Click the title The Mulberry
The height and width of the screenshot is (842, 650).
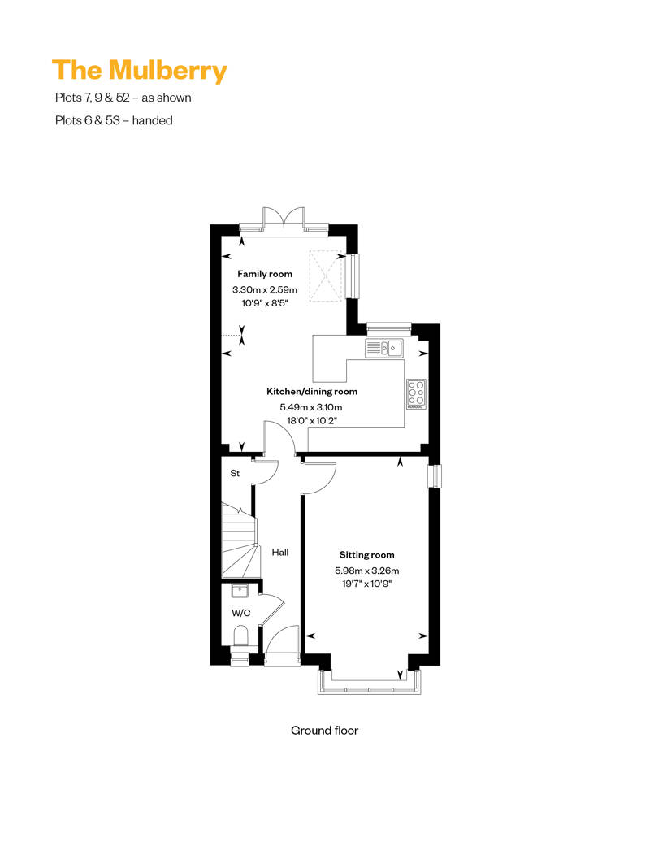139,71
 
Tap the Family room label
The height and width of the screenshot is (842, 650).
264,275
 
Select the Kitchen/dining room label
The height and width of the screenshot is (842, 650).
313,392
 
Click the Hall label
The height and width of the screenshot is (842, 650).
280,553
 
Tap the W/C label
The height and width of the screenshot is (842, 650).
240,613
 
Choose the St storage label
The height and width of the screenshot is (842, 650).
235,472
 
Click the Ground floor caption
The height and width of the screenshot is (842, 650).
324,731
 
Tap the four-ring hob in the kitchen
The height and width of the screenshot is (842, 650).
415,393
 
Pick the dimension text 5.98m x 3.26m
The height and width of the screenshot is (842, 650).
368,570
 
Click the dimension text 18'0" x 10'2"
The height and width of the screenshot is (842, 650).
313,421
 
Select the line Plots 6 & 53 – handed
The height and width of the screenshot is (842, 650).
114,120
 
